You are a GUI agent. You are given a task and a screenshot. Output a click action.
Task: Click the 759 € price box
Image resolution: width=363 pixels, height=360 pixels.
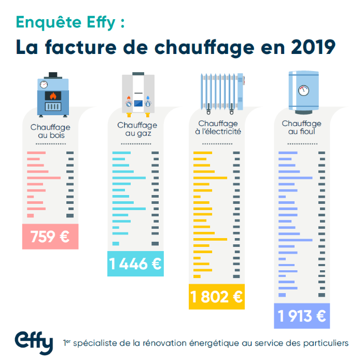pyautogui.click(x=50, y=237)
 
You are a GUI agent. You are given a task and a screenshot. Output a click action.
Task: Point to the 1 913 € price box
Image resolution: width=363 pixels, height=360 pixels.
pyautogui.click(x=302, y=315)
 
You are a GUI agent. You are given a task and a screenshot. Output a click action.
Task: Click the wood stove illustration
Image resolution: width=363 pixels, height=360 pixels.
pyautogui.click(x=50, y=93)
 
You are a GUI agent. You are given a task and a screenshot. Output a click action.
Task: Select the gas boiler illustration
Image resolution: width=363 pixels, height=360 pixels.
pyautogui.click(x=138, y=93)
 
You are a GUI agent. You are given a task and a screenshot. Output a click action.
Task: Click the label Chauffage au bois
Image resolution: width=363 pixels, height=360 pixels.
pyautogui.click(x=50, y=131)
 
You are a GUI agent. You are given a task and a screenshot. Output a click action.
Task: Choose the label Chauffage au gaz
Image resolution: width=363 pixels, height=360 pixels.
pyautogui.click(x=137, y=129)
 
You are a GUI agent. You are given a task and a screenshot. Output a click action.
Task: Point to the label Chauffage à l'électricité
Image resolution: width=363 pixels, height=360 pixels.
pyautogui.click(x=218, y=128)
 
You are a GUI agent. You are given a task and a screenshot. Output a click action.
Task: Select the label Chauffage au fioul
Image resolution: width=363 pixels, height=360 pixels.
pyautogui.click(x=301, y=128)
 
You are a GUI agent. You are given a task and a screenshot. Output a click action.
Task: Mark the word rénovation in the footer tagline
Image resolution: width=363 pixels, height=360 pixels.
pyautogui.click(x=173, y=343)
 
